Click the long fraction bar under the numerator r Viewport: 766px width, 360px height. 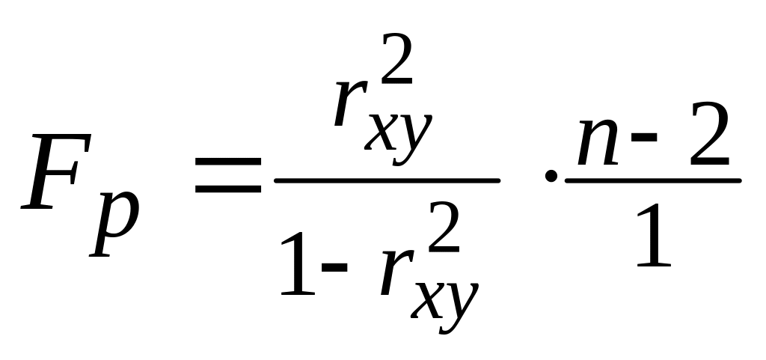pyautogui.click(x=386, y=180)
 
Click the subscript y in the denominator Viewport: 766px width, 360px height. pyautogui.click(x=459, y=299)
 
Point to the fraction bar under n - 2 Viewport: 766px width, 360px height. pyautogui.click(x=652, y=180)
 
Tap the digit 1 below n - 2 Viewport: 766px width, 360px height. pyautogui.click(x=652, y=239)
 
